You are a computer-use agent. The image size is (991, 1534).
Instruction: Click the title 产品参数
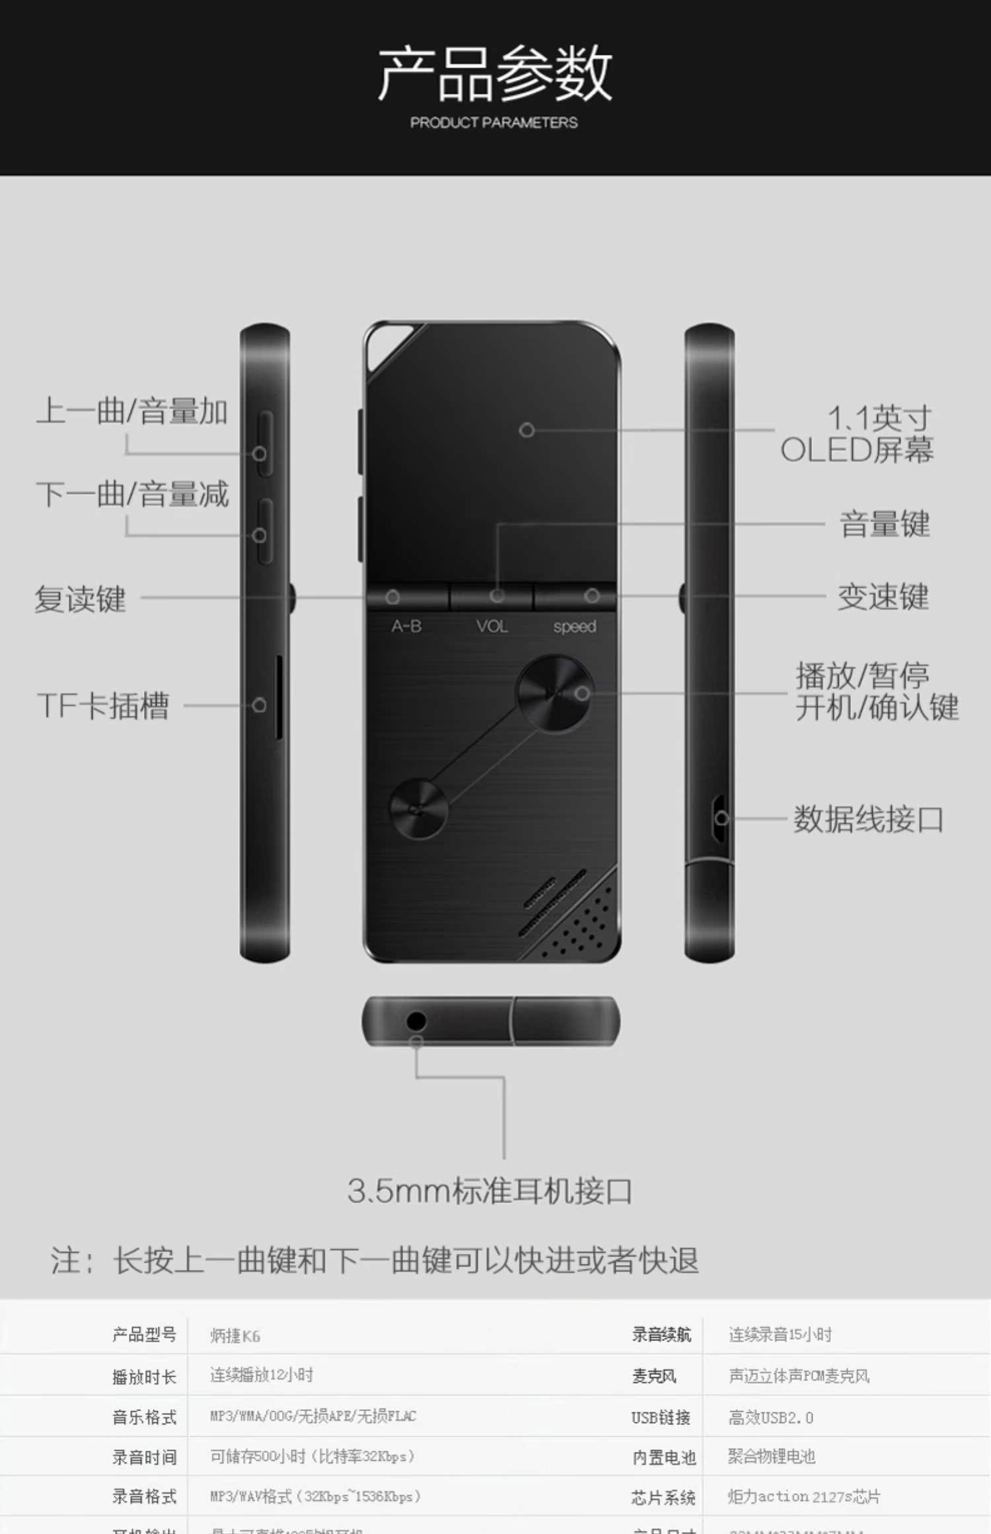(x=494, y=73)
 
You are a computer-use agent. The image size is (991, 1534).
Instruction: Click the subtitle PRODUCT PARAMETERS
(x=494, y=123)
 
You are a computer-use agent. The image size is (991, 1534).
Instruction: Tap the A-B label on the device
(x=406, y=626)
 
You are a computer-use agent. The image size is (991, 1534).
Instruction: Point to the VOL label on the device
(x=492, y=626)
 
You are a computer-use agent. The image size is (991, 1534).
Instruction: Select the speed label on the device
(x=574, y=626)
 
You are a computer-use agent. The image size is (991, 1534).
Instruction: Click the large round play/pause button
(x=554, y=694)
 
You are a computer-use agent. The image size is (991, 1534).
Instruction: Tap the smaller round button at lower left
(x=418, y=809)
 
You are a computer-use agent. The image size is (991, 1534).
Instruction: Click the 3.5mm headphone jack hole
(x=416, y=1021)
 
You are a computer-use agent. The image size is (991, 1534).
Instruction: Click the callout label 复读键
(x=80, y=599)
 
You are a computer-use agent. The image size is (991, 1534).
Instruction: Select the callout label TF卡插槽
(x=103, y=706)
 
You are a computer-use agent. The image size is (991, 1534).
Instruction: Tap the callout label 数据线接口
(x=867, y=819)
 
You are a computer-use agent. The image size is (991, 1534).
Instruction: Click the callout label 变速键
(x=883, y=597)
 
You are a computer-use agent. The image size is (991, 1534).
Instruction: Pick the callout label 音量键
(x=884, y=525)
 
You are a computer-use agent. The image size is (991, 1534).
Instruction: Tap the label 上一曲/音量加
(x=131, y=412)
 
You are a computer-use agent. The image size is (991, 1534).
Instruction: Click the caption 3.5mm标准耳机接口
(x=490, y=1191)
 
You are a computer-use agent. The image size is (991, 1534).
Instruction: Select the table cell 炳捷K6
(x=235, y=1336)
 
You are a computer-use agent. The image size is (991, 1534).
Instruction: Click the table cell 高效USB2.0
(x=770, y=1418)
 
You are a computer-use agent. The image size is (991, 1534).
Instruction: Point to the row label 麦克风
(x=653, y=1376)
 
